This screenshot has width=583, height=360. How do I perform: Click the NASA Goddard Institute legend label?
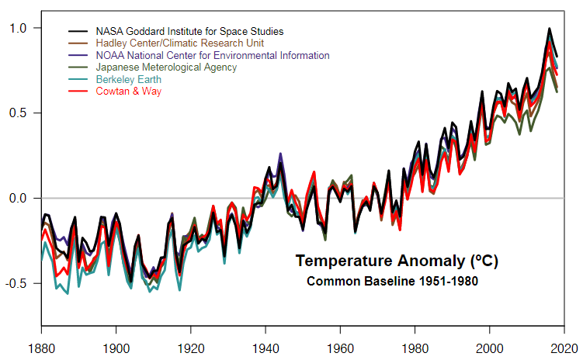tap(189, 31)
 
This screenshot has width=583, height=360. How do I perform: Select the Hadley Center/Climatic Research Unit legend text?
tap(179, 43)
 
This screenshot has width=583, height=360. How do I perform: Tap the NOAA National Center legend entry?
tap(212, 55)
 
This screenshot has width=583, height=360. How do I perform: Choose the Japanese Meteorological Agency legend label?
tap(166, 67)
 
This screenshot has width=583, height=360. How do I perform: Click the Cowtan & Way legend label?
tap(129, 92)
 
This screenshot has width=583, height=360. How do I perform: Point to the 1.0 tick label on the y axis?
tap(17, 29)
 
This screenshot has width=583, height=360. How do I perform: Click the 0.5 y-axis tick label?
tap(17, 113)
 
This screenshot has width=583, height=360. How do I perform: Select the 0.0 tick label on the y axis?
tap(17, 199)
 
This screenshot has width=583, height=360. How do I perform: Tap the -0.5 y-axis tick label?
tap(16, 283)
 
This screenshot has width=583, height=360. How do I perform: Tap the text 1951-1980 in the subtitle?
tap(446, 281)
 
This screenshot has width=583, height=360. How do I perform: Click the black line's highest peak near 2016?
tap(550, 29)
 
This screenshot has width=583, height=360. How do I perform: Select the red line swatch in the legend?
tap(78, 92)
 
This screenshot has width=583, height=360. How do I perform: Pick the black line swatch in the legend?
tap(78, 31)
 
